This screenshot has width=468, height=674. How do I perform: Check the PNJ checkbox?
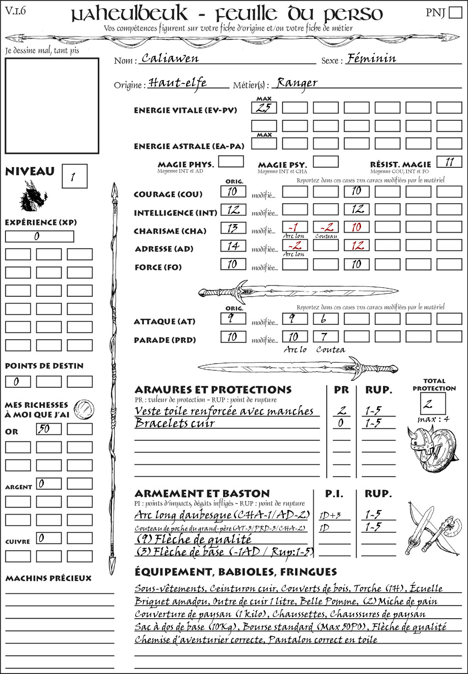pyautogui.click(x=456, y=12)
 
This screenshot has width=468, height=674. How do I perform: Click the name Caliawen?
pyautogui.click(x=170, y=59)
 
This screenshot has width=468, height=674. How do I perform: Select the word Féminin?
pyautogui.click(x=371, y=59)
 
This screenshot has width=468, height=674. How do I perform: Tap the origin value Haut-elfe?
pyautogui.click(x=177, y=83)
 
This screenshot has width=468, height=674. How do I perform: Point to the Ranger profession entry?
pyautogui.click(x=297, y=83)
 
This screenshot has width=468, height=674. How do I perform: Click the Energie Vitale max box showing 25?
pyautogui.click(x=264, y=108)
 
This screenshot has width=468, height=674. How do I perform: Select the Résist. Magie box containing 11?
pyautogui.click(x=449, y=162)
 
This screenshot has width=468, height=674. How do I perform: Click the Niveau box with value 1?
pyautogui.click(x=74, y=177)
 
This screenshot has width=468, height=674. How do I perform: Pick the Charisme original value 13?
pyautogui.click(x=233, y=228)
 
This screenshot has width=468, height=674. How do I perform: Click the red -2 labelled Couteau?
pyautogui.click(x=326, y=227)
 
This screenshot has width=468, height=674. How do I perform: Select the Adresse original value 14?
pyautogui.click(x=233, y=246)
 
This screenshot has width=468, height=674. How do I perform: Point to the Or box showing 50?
pyautogui.click(x=49, y=429)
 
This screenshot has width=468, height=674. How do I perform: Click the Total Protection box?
pyautogui.click(x=432, y=403)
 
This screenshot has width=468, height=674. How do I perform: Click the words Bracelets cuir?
pyautogui.click(x=175, y=423)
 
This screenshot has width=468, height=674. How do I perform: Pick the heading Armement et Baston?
pyautogui.click(x=202, y=493)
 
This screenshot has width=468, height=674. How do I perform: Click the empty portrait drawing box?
pyautogui.click(x=52, y=106)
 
